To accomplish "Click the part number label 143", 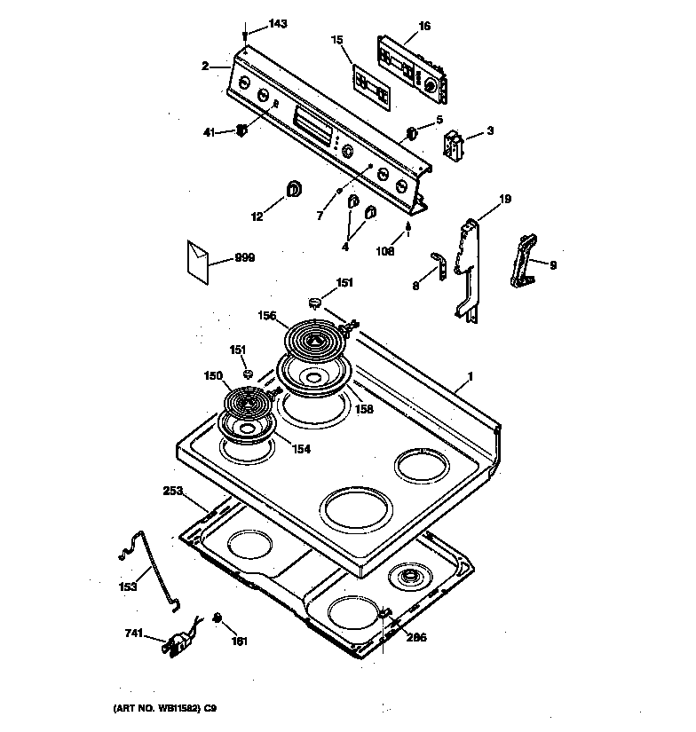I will point(277,24).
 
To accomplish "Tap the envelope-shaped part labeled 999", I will point(198,260).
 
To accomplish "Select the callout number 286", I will point(415,635).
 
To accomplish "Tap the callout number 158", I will point(363,410).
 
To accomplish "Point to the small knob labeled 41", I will point(241,131).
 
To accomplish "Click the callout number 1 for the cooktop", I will point(470,377).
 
